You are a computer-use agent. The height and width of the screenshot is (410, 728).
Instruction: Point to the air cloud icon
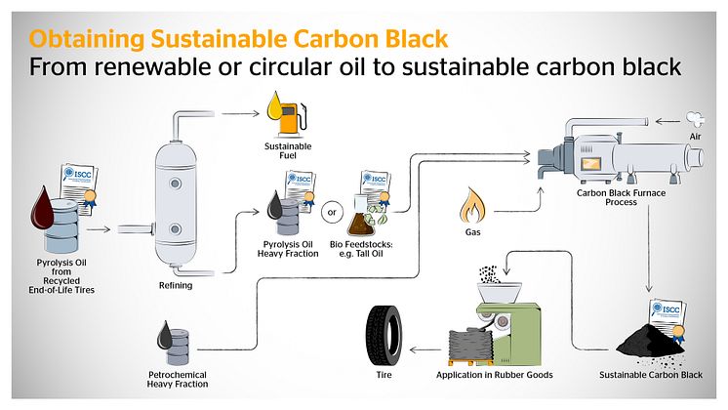[x=694, y=121]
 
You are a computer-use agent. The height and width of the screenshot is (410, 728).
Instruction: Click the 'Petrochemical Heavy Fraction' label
[x=182, y=379]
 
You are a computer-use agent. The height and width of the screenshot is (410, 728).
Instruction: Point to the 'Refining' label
[x=176, y=286]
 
